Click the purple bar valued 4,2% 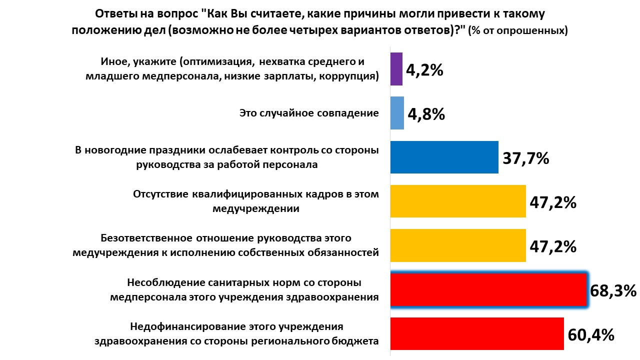coord(396,69)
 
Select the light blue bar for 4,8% coord(397,113)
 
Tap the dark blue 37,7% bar coord(444,157)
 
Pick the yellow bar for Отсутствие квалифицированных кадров coord(457,201)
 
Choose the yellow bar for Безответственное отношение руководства coord(457,245)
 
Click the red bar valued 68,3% coord(487,289)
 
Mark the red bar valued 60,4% coord(476,333)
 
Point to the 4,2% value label coord(424,70)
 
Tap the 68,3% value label coord(613,290)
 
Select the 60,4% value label coord(590,334)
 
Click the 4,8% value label coord(426,114)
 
